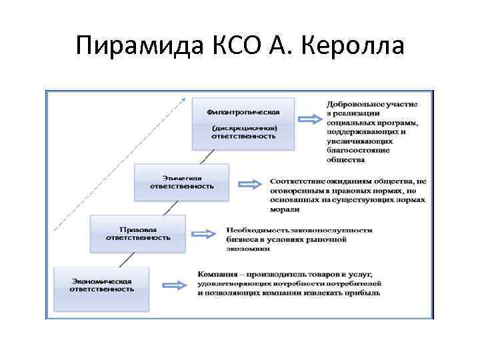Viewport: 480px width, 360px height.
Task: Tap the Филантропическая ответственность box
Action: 243,123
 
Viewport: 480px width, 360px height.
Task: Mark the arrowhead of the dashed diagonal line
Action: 183,98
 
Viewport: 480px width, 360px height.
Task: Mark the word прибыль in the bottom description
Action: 363,293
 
